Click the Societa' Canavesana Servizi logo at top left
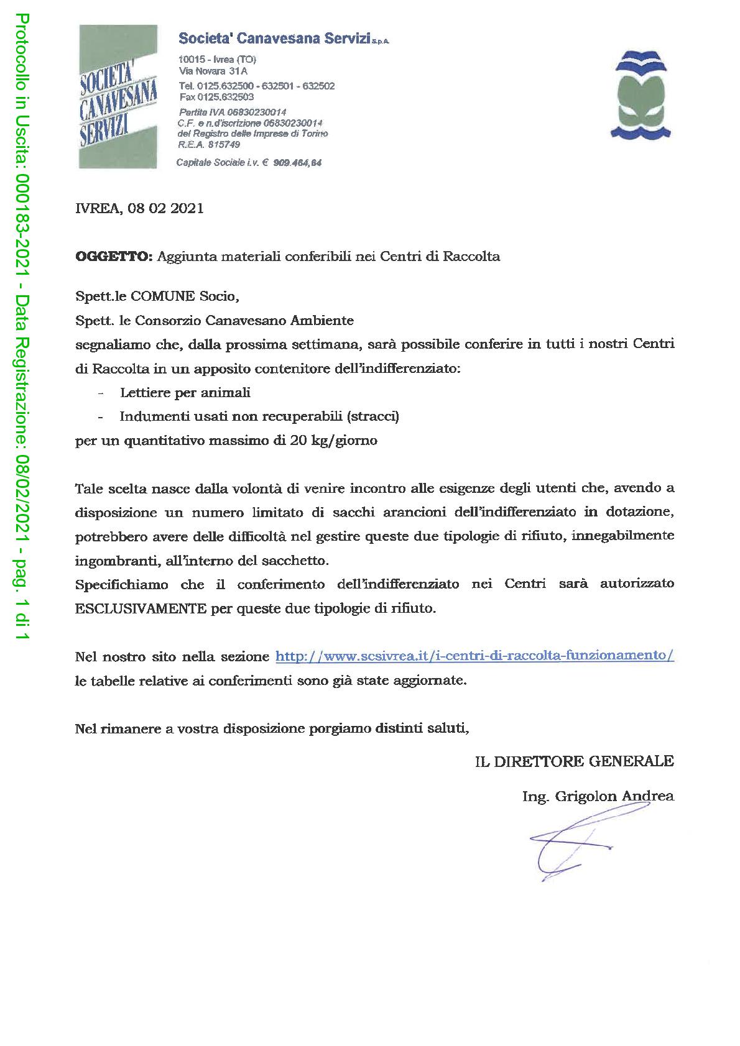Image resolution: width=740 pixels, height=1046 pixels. (x=118, y=96)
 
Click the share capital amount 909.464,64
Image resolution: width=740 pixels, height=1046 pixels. (x=297, y=163)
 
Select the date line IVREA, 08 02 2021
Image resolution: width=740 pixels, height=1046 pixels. (x=139, y=209)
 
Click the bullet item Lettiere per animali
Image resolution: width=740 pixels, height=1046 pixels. (x=185, y=392)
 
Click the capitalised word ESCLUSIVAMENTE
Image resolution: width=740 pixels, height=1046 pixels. (x=141, y=608)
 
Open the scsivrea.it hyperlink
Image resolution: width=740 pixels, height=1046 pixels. (x=474, y=656)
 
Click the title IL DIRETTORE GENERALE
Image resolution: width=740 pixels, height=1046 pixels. (x=574, y=761)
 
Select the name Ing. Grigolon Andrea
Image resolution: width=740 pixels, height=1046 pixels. (x=598, y=796)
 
